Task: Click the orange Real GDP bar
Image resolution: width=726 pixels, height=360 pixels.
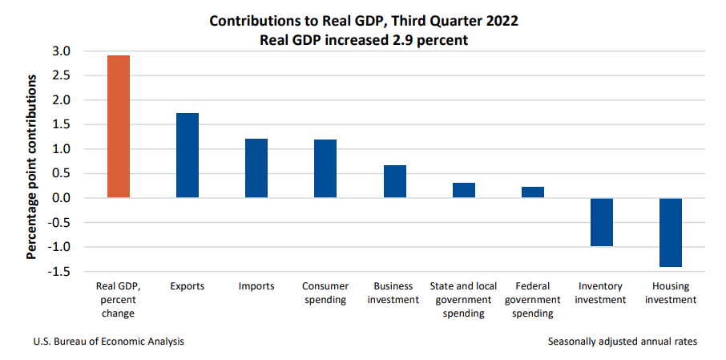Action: point(119,127)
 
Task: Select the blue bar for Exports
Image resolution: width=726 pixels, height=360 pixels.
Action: point(188,156)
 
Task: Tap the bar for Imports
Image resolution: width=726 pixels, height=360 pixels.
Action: point(256,168)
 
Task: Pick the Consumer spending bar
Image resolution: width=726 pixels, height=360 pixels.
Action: point(325,168)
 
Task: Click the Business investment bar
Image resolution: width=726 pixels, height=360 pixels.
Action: point(395,181)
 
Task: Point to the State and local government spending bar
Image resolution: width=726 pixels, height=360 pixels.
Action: point(464,190)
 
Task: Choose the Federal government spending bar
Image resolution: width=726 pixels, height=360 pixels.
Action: point(533,192)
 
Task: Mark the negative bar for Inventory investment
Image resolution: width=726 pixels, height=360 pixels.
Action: point(602,222)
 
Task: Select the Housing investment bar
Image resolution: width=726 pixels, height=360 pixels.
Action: point(671,233)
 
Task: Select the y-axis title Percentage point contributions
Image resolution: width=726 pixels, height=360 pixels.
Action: point(32,167)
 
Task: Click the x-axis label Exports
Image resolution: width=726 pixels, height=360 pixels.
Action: point(188,286)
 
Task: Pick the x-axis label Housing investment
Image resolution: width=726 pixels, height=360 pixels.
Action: point(671,293)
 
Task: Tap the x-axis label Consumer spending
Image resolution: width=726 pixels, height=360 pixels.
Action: point(325,293)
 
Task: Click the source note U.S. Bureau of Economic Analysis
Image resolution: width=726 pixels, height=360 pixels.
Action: point(109,342)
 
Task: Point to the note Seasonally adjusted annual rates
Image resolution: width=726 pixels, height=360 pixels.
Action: point(623,342)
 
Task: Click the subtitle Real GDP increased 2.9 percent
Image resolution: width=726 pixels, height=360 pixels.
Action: point(363,38)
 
